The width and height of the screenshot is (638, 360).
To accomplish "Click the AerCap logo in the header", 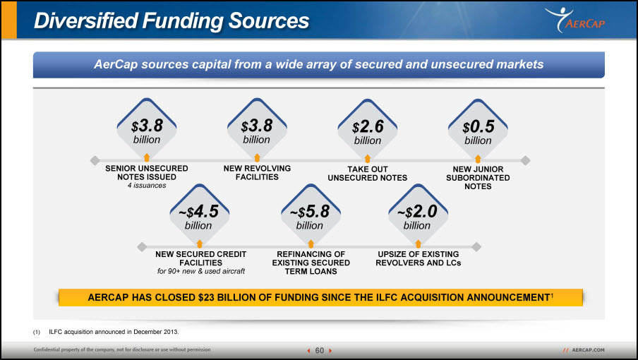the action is click(x=575, y=20).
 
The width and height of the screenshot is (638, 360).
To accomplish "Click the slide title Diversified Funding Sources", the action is click(x=171, y=20).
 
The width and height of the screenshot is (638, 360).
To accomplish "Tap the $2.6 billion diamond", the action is click(x=368, y=128).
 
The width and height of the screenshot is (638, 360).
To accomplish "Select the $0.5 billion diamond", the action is click(x=478, y=128).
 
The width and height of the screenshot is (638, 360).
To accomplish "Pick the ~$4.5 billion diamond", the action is click(x=199, y=214).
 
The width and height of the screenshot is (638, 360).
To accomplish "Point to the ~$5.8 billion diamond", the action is click(x=311, y=214).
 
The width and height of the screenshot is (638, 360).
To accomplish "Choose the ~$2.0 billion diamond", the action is click(x=418, y=214).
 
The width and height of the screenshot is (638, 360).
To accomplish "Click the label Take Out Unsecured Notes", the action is click(x=368, y=173).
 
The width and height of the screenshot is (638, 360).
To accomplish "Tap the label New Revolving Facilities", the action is click(x=257, y=172).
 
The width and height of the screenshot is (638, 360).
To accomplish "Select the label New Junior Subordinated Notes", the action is click(x=478, y=178).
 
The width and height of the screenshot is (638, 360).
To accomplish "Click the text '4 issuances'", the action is click(x=147, y=186).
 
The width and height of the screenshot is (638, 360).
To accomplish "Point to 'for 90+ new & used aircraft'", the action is click(x=201, y=271).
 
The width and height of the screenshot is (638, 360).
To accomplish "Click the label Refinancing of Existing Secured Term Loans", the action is click(x=311, y=263).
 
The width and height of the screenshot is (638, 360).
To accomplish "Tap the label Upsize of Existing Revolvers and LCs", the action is click(x=419, y=258).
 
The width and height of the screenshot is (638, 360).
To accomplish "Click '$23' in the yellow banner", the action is click(x=206, y=297).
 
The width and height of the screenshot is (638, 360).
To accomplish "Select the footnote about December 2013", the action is click(x=106, y=332).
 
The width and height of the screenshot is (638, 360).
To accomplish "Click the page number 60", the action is click(x=320, y=351).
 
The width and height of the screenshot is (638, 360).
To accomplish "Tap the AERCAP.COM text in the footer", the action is click(x=588, y=350).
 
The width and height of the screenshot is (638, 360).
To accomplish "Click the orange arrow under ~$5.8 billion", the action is click(x=311, y=244).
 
